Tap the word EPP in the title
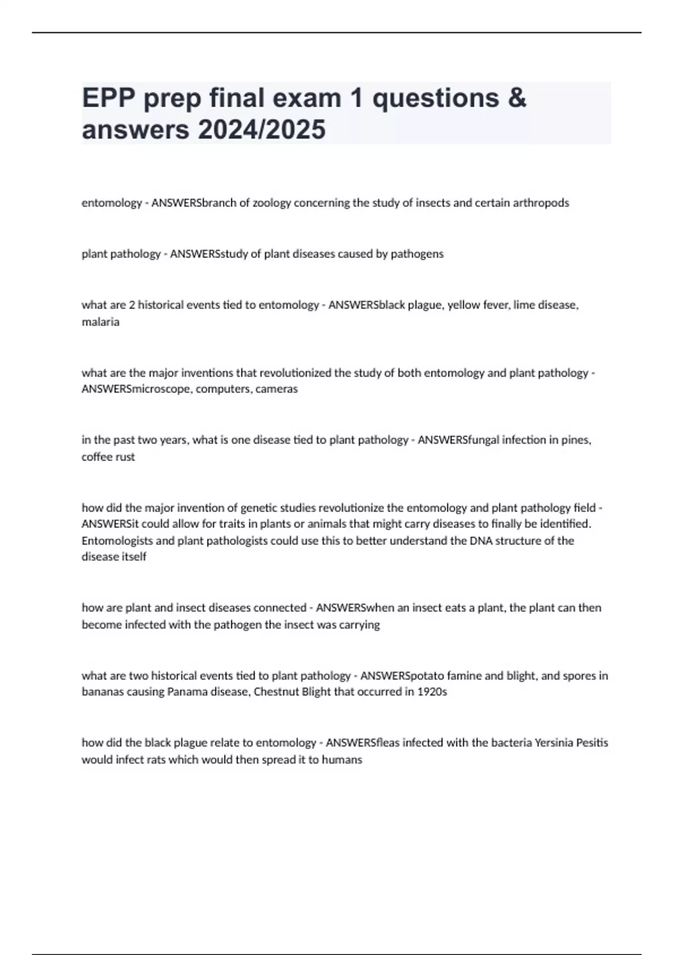tap(109, 98)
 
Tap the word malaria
tap(101, 322)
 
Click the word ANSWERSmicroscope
tap(136, 389)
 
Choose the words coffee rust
tap(108, 457)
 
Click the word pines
tap(576, 440)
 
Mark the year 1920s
tap(432, 692)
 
